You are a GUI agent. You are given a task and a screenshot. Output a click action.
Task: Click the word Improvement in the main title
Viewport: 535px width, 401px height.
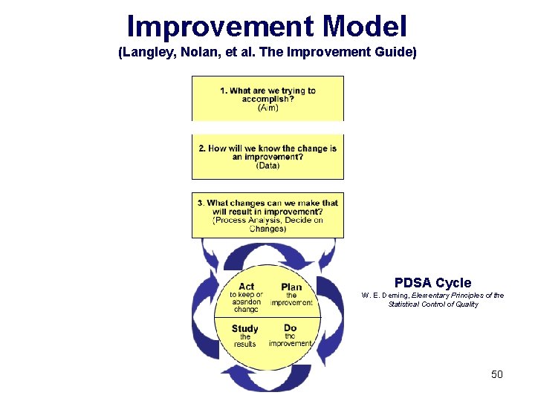coord(220,27)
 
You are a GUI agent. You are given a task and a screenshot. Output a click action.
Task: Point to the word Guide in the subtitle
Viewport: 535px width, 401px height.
coord(392,53)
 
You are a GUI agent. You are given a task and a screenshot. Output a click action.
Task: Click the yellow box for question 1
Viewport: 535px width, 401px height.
coord(267,97)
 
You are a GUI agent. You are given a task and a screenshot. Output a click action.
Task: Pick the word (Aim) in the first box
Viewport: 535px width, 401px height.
coord(268,108)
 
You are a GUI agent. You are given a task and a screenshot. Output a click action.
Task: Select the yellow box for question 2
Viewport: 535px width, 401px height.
coord(267,157)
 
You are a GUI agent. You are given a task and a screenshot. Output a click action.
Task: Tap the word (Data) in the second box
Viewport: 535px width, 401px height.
coord(267,166)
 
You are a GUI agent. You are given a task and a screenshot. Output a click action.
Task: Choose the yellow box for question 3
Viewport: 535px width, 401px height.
coord(267,215)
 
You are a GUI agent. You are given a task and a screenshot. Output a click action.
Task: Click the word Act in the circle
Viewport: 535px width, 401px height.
coord(247,286)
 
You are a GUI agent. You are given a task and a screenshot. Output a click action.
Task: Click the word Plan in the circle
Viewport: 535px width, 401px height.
coord(291,287)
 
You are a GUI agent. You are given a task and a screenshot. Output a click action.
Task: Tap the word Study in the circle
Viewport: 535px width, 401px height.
coord(244,328)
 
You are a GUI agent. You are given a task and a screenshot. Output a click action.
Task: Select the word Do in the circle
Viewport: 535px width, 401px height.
coord(290,327)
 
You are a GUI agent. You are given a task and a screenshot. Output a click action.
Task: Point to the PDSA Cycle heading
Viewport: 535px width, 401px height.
coord(432,283)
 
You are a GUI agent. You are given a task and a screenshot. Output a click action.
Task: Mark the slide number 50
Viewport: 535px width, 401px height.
coord(496,374)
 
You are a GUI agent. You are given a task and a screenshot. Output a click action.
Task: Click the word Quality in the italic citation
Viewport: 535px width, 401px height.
coord(464,304)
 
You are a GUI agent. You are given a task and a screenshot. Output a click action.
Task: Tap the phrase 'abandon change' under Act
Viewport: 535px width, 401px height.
coord(246,306)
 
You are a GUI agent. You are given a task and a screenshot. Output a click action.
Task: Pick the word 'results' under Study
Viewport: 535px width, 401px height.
coord(244,344)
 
